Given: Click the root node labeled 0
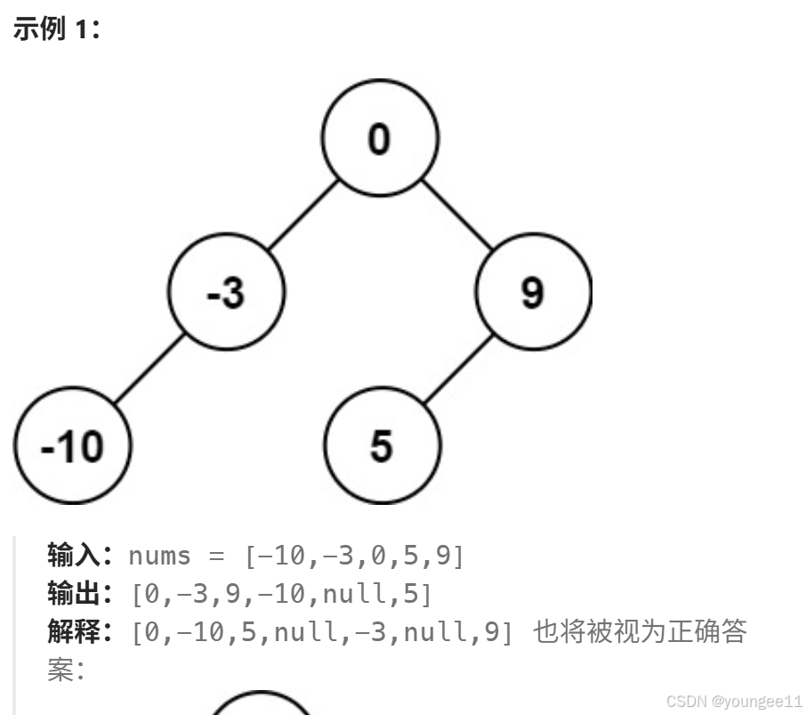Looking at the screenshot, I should coord(380,139).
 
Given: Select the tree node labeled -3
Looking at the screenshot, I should coord(227,292).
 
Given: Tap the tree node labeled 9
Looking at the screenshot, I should coord(533,292).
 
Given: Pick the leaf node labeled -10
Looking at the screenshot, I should coord(73,444).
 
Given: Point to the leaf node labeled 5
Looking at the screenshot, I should coord(381,444).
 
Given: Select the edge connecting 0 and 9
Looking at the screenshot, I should coord(456,215).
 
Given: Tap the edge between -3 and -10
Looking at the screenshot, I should coord(149,369).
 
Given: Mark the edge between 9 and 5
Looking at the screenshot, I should coord(457,369).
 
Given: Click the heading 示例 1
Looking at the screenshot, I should coord(57,28).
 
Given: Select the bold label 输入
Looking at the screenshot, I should coord(77,556).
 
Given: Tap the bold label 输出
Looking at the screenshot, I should coord(77,594).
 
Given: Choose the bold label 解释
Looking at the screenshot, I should coord(77,632).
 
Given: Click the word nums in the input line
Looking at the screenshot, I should coord(159,556).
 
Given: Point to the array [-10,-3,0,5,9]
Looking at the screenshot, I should coord(354,557).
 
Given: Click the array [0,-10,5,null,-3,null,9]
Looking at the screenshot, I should coord(322,633).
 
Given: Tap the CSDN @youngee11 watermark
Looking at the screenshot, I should coord(734,701).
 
